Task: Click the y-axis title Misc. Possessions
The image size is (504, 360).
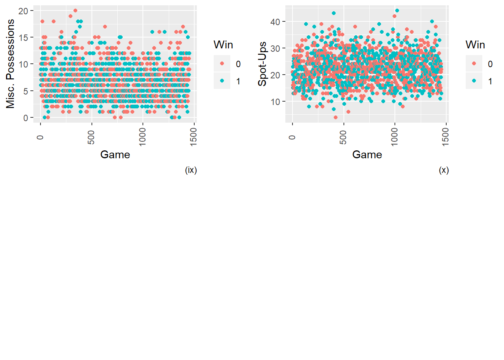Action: point(10,64)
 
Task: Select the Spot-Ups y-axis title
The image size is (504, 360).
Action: point(262,64)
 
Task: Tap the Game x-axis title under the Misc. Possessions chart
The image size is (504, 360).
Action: point(115,154)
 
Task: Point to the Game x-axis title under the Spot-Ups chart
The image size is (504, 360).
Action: point(367,154)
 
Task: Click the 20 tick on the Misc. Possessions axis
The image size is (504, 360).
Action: point(23,11)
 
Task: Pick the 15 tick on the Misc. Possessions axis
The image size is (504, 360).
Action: point(23,37)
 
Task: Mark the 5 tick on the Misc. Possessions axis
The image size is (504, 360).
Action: point(25,91)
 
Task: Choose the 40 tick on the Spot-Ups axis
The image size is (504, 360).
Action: point(275,22)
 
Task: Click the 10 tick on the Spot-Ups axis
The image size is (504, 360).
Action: point(275,102)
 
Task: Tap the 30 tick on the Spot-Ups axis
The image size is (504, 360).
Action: point(275,48)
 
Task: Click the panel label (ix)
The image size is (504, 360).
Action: point(191,170)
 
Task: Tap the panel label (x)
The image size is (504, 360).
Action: point(444,170)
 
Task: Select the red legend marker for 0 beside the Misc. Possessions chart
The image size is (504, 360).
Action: point(222,64)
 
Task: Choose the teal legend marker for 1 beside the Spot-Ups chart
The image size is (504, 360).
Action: point(474,81)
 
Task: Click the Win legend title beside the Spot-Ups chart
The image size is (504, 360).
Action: point(475,45)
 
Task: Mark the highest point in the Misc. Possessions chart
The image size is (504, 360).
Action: point(75,10)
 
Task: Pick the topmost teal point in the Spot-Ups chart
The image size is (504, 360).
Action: point(397,10)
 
